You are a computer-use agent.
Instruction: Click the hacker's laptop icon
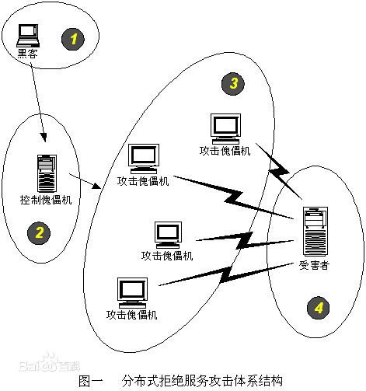28,33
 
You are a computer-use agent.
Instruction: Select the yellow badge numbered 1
73,37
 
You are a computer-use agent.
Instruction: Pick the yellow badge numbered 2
36,231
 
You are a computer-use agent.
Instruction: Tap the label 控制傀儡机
44,201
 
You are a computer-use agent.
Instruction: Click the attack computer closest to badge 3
225,128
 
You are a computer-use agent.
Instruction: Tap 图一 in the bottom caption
90,381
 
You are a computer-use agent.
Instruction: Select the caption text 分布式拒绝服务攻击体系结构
206,381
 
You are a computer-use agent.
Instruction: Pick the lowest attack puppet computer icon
132,292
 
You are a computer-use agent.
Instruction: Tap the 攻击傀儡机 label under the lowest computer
132,314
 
